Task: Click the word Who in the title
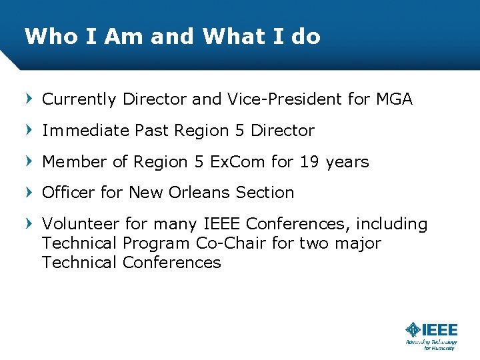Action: click(x=45, y=36)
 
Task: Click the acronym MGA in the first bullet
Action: click(x=393, y=99)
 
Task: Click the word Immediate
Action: click(x=85, y=131)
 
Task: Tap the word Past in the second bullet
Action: click(x=152, y=131)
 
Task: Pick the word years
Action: click(x=347, y=162)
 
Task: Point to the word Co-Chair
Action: click(x=231, y=243)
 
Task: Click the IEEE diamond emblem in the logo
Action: click(x=413, y=329)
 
